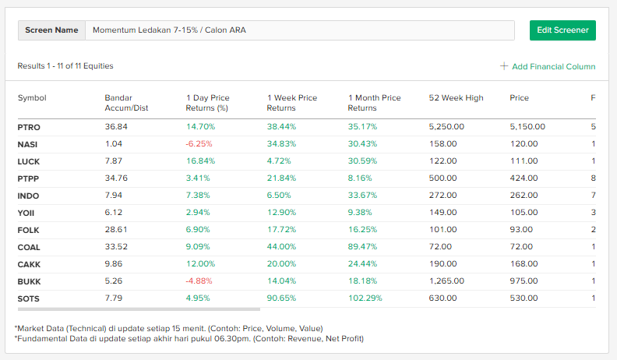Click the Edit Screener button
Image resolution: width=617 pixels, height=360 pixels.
562,30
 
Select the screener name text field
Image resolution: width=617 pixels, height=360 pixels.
300,30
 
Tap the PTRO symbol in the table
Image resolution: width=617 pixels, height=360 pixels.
29,127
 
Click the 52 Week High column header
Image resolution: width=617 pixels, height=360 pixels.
456,98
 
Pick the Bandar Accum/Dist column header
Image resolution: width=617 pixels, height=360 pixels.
126,103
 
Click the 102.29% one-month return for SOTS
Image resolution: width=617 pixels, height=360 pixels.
365,298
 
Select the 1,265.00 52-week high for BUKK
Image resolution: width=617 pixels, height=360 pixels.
446,281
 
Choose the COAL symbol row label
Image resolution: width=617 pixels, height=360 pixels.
29,247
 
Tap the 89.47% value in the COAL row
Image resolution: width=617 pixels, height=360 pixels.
362,247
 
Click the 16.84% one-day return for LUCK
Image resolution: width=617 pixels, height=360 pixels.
200,161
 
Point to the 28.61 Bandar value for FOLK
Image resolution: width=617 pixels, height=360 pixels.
116,230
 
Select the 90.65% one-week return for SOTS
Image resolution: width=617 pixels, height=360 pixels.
281,298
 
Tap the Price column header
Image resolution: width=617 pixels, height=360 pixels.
519,98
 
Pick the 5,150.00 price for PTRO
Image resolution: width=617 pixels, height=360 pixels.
527,127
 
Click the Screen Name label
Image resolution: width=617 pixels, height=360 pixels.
51,30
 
